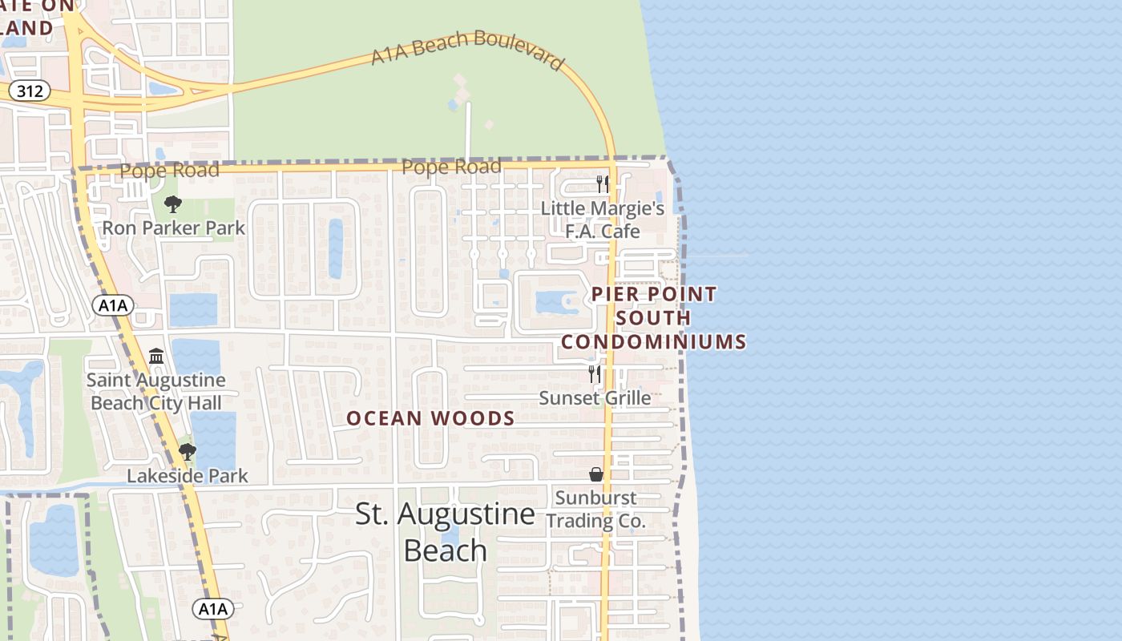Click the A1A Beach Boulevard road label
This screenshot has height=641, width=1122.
(468, 50)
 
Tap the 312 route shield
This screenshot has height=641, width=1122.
(30, 91)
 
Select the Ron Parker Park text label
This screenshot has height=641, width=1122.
(173, 228)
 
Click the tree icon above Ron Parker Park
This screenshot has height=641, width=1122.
(172, 204)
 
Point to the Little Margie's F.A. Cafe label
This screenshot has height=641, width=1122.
(603, 220)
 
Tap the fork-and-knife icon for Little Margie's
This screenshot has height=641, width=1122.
(603, 184)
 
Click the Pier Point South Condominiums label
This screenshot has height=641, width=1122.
(654, 318)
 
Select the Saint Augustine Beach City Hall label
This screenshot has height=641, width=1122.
(156, 391)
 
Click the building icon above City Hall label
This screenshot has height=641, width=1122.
(156, 356)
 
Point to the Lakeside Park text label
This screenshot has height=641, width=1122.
(188, 476)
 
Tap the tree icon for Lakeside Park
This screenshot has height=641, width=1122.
(188, 452)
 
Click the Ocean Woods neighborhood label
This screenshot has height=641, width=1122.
(430, 418)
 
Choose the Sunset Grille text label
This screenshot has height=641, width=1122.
(595, 397)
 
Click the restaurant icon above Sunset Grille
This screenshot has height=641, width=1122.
(595, 373)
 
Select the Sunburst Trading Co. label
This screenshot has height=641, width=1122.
(595, 509)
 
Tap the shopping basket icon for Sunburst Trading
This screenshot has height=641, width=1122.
(595, 474)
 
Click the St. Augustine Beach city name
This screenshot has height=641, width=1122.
(445, 531)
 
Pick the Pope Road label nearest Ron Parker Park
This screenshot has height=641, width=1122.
(169, 171)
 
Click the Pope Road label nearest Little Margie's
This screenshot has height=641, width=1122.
(451, 167)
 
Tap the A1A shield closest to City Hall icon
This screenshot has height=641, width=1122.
(113, 305)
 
